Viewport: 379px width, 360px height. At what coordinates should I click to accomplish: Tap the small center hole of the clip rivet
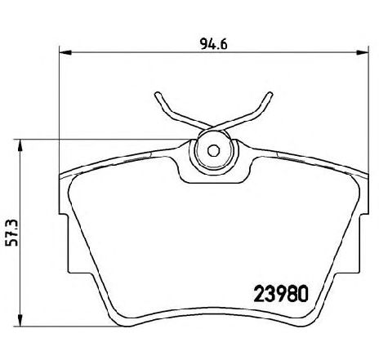click(x=212, y=150)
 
